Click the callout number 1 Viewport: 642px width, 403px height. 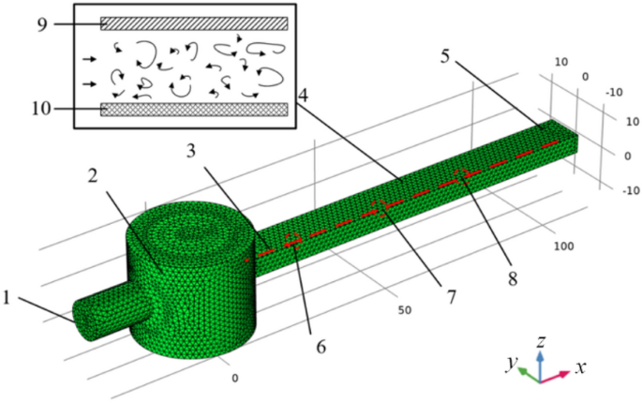click(9, 299)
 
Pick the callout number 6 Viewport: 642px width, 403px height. click(321, 347)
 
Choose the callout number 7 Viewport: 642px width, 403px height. click(451, 297)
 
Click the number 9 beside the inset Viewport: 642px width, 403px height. click(43, 22)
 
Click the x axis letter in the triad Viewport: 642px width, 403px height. click(581, 368)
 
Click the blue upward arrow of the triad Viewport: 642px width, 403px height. click(540, 360)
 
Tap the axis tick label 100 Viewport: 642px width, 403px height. click(563, 246)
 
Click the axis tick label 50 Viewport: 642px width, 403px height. click(405, 310)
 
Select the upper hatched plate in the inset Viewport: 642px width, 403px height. click(194, 22)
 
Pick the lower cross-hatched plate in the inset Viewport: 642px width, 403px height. click(194, 110)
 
